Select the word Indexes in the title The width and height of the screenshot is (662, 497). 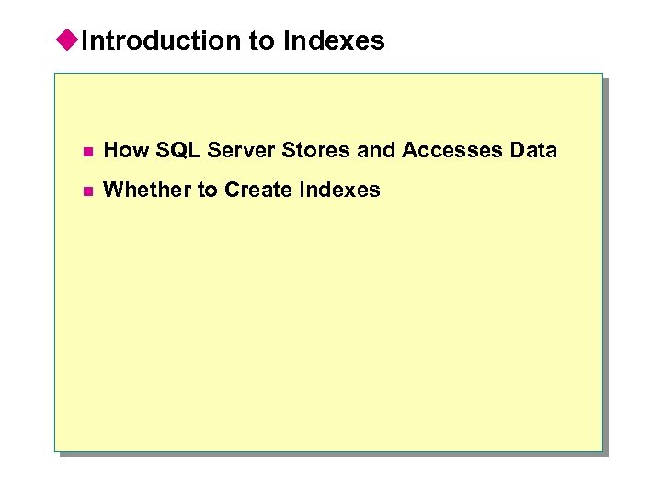[x=335, y=40]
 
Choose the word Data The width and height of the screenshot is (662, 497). [x=533, y=150]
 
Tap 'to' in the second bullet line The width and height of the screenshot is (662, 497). [x=208, y=190]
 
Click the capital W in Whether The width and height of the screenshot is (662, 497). [x=114, y=190]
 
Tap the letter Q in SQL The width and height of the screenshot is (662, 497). [x=171, y=150]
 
